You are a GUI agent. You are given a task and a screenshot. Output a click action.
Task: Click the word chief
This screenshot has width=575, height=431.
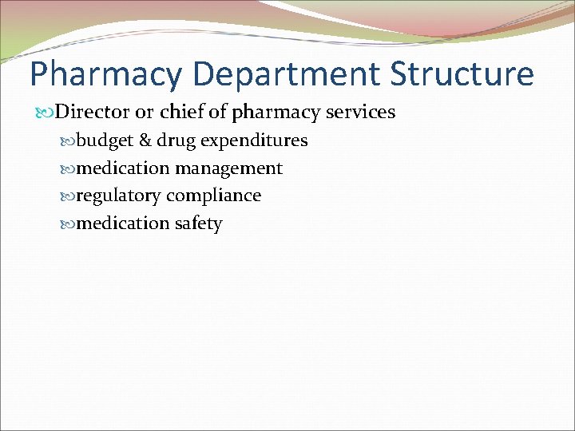182,112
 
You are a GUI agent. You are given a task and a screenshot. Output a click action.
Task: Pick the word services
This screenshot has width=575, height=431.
361,112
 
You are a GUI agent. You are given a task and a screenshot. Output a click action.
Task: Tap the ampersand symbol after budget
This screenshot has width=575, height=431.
145,140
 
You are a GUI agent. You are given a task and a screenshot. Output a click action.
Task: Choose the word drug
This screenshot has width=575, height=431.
176,141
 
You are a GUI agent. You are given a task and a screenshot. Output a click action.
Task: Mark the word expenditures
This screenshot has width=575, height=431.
254,141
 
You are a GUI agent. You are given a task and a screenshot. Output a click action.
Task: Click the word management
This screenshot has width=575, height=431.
229,169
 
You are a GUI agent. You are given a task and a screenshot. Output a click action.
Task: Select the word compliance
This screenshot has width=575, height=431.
214,196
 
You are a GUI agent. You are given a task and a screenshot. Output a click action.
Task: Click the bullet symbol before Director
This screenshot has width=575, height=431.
47,113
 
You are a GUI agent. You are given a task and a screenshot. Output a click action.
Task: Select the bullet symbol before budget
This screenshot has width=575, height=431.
69,141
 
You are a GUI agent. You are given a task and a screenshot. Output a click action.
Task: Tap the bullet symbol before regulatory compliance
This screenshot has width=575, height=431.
69,196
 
